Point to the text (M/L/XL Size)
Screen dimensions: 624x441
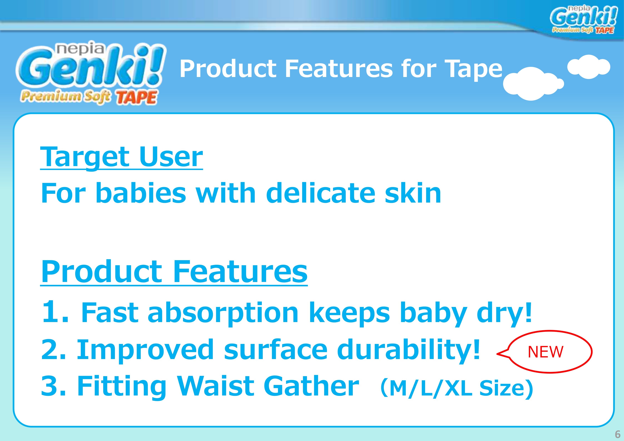tap(457, 388)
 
